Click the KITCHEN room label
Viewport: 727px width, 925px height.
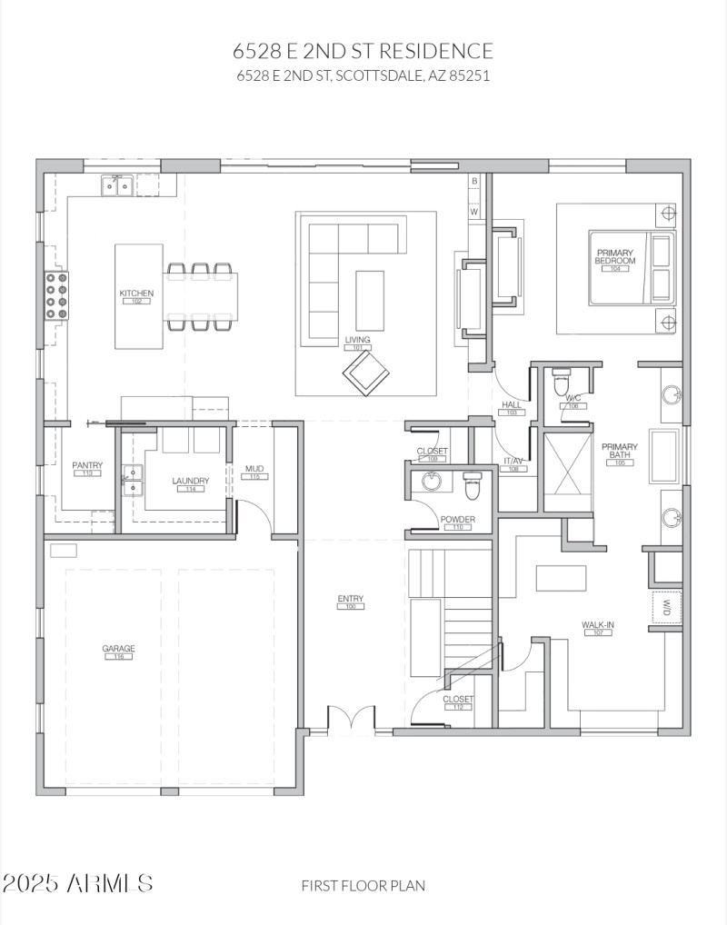(136, 293)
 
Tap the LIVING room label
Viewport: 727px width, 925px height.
(357, 340)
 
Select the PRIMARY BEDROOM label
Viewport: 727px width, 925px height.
(615, 257)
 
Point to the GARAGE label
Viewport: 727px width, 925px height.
(118, 649)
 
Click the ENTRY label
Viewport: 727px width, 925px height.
(350, 599)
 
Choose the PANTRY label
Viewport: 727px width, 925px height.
(87, 466)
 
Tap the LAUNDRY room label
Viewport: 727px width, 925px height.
(191, 482)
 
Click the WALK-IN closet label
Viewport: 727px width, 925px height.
(596, 625)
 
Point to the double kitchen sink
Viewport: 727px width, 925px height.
(117, 185)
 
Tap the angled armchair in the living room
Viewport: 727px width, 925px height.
(365, 373)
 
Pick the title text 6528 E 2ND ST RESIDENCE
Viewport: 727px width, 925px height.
(363, 51)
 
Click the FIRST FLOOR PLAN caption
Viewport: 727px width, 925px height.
(363, 885)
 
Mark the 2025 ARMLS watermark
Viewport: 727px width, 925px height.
(78, 882)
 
